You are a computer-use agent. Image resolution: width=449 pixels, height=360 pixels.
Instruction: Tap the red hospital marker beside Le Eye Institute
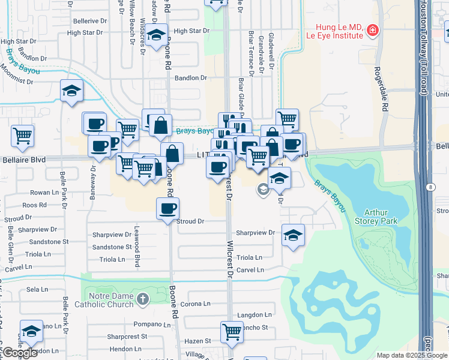[x=373, y=29]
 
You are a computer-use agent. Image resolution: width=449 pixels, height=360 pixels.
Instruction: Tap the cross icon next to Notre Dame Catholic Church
[x=142, y=299]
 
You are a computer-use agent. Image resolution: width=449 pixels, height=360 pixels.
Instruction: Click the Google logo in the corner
[x=20, y=353]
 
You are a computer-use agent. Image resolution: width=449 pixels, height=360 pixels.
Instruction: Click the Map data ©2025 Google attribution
[x=411, y=355]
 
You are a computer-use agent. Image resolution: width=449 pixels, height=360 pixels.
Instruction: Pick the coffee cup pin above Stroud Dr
[x=167, y=208]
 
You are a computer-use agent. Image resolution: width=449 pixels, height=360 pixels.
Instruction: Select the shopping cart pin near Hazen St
[x=232, y=331]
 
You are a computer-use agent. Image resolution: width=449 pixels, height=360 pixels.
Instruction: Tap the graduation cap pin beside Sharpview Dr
[x=292, y=235]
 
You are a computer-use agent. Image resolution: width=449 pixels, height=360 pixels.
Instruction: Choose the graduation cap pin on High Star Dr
[x=156, y=35]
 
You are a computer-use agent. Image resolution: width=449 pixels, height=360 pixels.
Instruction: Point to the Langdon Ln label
[x=255, y=314]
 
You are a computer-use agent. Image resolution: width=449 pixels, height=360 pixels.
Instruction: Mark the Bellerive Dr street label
[x=89, y=21]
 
